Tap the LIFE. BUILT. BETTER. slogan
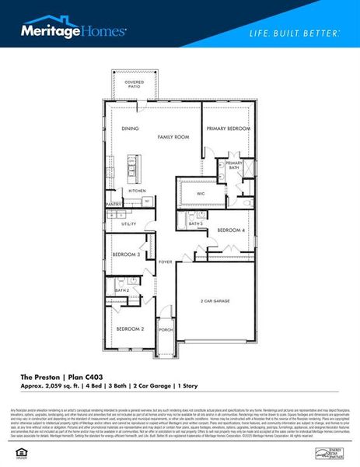point(293,33)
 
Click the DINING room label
point(129,128)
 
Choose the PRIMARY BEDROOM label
point(229,128)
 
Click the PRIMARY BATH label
point(234,165)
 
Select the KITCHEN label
point(137,191)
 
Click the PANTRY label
point(114,205)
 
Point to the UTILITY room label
point(128,223)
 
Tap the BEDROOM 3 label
point(126,255)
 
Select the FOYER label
point(166,262)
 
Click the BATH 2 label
point(121,290)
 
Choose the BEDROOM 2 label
point(130,329)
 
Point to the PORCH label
point(166,329)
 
